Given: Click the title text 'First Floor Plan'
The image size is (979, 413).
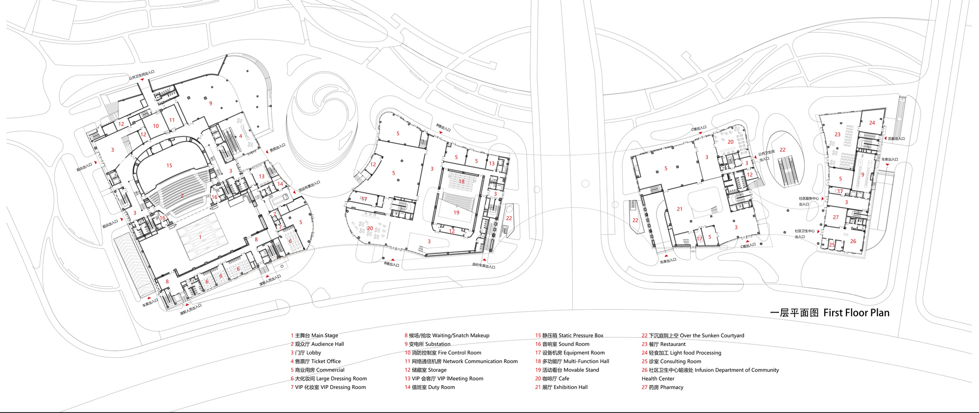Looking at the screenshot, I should [x=856, y=313].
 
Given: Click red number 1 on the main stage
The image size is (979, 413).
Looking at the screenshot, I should [x=200, y=237].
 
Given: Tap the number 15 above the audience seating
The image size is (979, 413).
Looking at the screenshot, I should [x=169, y=165].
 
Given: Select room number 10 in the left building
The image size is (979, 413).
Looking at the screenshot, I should [x=156, y=126].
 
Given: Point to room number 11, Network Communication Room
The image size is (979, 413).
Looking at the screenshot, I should [x=172, y=120].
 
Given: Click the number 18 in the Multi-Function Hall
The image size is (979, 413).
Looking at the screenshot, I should [x=461, y=182].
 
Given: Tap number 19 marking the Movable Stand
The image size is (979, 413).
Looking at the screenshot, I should [x=456, y=212].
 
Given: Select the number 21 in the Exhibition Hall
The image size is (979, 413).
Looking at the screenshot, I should [x=679, y=209].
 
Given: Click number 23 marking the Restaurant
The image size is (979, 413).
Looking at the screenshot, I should [x=838, y=134].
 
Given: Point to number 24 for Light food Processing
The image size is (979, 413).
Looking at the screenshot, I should [x=872, y=123].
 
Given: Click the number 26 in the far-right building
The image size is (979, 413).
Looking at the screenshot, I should [x=853, y=241].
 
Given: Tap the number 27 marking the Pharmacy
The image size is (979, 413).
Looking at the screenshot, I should [x=836, y=217].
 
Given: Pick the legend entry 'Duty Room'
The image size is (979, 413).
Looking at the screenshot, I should [x=441, y=387].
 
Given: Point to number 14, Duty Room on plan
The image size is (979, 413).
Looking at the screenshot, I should [x=280, y=184].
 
